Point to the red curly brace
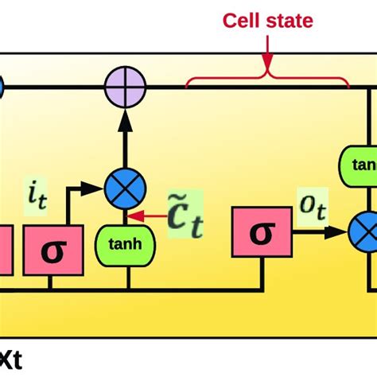click(266, 77)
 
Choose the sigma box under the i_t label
click(52, 251)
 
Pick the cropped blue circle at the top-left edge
click(2, 87)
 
